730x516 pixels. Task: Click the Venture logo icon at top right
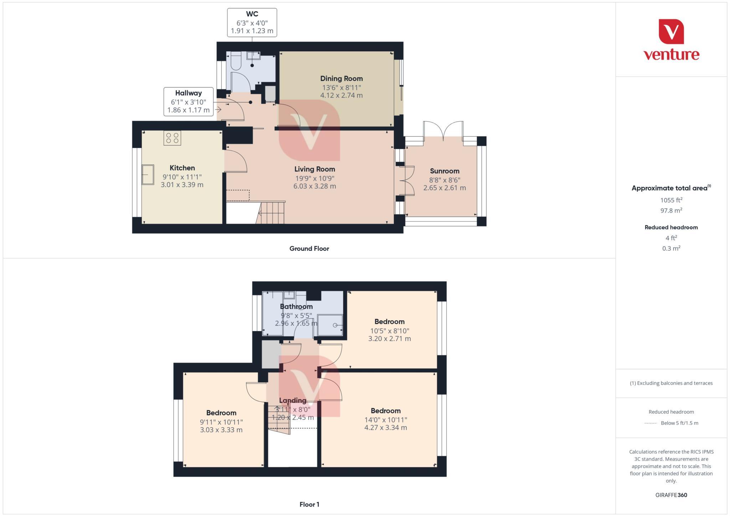tap(671, 31)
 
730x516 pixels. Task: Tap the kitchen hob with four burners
tap(172, 138)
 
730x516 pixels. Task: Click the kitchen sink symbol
tap(148, 175)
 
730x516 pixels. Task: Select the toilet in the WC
tap(236, 61)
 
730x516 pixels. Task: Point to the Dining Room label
tap(341, 78)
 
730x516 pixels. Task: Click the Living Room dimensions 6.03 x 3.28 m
tap(314, 186)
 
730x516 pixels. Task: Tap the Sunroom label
tap(444, 171)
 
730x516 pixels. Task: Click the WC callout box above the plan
tap(252, 22)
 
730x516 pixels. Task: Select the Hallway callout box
tap(188, 102)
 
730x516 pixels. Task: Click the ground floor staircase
tap(272, 213)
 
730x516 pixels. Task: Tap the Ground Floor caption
tap(309, 248)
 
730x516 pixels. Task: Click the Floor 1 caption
tap(309, 504)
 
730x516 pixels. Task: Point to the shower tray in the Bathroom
tap(330, 325)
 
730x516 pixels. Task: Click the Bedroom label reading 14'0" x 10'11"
tap(385, 419)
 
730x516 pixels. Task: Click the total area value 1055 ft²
tap(671, 200)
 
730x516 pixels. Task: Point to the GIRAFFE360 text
tap(671, 495)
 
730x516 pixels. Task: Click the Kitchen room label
tap(182, 168)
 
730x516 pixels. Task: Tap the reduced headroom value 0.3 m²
tap(671, 248)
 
